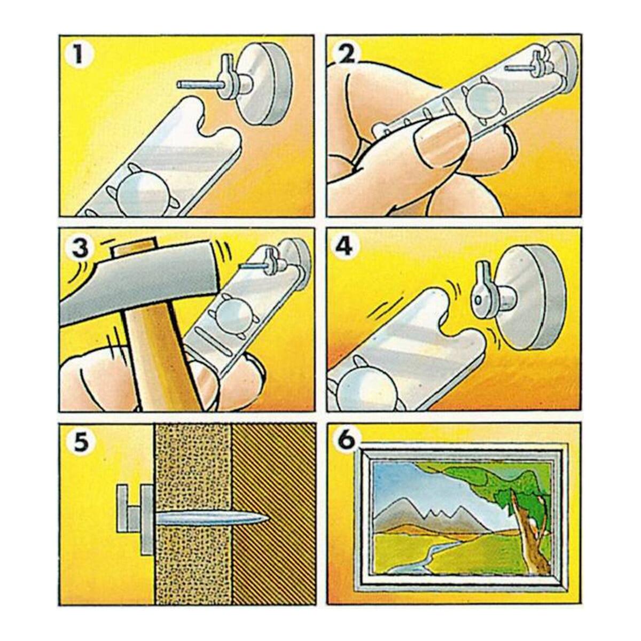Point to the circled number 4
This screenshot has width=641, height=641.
[345, 248]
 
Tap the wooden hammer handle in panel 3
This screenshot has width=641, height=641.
[160, 359]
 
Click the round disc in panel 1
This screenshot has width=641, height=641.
[263, 87]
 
